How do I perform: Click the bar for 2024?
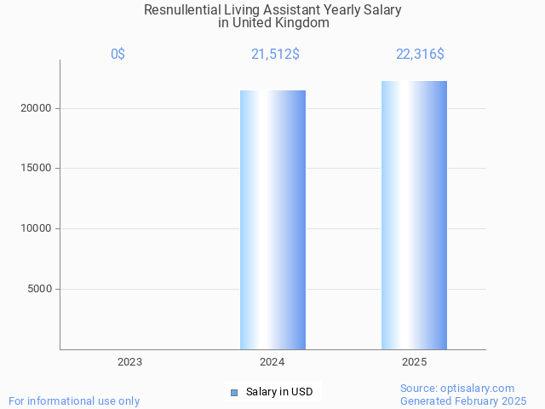(272, 220)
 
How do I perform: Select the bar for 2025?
(414, 215)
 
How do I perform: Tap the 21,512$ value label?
(274, 54)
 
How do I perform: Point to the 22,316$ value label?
(420, 54)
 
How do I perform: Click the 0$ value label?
(118, 54)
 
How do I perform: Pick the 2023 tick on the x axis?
(129, 362)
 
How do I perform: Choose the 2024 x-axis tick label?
(272, 362)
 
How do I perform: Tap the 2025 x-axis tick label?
(414, 362)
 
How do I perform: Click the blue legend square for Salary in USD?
(233, 392)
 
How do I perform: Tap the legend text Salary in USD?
(278, 392)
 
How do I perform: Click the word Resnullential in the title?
(181, 10)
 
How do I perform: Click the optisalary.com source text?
(457, 388)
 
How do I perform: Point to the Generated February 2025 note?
(463, 400)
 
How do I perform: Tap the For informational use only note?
(74, 400)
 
